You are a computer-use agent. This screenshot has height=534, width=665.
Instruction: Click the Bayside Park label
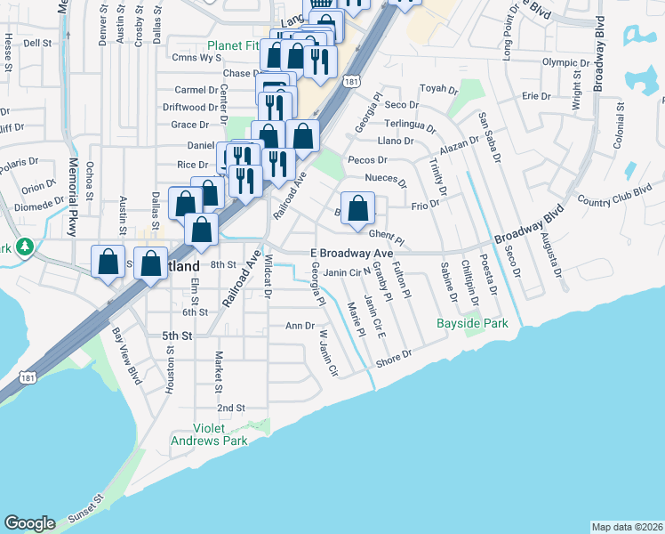472,323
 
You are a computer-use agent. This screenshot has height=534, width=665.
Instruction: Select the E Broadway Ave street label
351,254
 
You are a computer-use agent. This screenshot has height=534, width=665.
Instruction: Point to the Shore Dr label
394,357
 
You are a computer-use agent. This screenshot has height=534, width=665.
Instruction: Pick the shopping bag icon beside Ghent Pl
357,210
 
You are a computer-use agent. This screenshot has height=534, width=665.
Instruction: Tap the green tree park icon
26,246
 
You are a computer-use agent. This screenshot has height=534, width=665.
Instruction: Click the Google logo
29,523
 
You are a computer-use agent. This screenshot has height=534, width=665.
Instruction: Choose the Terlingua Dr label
405,124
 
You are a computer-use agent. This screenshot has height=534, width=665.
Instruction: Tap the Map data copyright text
627,527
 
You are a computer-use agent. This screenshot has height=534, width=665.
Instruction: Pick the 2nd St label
231,408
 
